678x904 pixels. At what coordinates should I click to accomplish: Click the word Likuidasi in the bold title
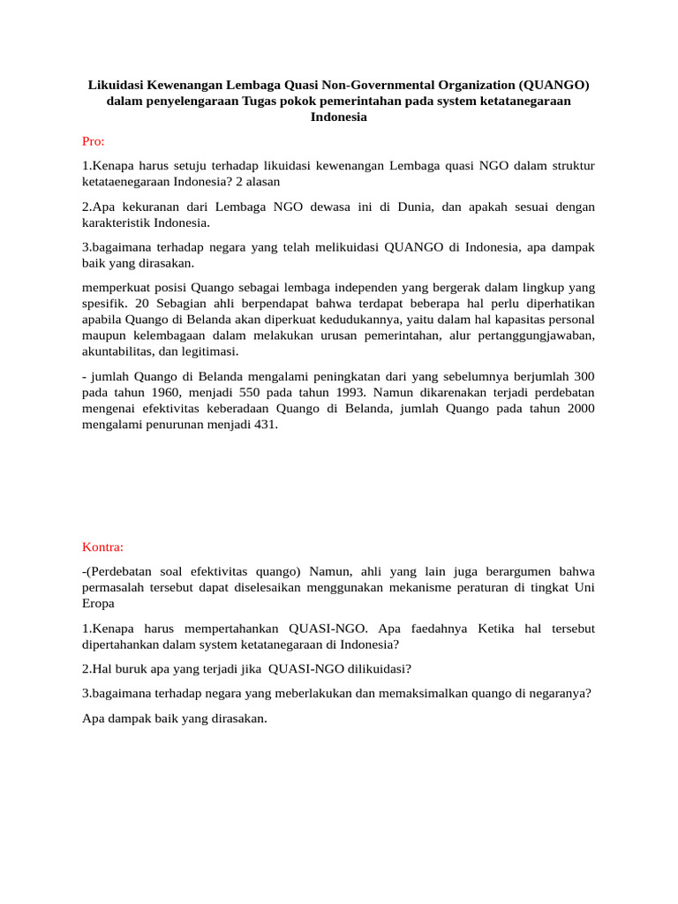[x=116, y=85]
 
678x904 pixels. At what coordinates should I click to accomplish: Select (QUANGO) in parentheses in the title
[x=554, y=85]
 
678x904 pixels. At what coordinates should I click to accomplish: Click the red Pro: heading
[x=93, y=140]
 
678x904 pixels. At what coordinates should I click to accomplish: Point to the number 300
[x=584, y=376]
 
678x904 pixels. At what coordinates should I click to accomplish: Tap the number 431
[x=264, y=424]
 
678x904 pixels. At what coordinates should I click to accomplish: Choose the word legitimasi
[x=209, y=350]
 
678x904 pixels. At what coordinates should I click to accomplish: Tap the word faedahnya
[x=436, y=629]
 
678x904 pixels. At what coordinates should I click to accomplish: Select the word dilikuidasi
[x=372, y=668]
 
